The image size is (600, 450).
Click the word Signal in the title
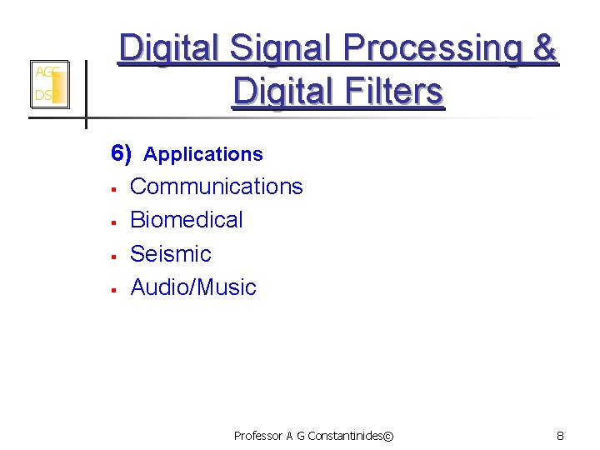point(279,50)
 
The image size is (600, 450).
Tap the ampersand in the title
point(545,50)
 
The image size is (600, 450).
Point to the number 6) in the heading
point(122,153)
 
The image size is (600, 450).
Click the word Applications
point(203,154)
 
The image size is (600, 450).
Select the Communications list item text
point(217,186)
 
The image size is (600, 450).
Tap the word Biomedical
point(187,220)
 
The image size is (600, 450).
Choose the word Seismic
point(171,253)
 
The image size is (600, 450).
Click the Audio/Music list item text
point(193,287)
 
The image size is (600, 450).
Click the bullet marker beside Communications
point(112,188)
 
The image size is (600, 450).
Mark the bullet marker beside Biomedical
point(112,222)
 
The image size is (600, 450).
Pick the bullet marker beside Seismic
point(112,256)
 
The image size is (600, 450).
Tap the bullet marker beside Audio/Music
point(112,290)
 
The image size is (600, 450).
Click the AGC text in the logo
point(46,72)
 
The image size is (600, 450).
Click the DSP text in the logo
point(45,97)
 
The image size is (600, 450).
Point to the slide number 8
point(560,436)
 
